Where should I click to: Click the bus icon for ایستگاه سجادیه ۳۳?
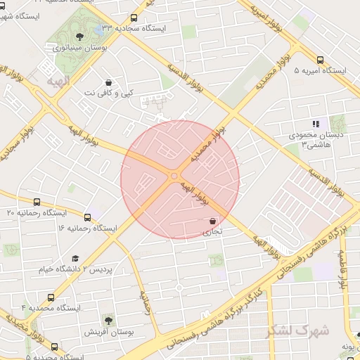134,18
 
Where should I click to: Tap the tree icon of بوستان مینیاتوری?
79,36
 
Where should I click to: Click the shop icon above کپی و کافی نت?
108,82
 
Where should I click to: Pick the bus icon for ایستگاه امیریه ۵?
321,60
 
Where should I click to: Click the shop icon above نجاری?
212,221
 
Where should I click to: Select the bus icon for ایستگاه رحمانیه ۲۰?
37,202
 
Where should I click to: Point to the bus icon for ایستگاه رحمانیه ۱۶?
88,217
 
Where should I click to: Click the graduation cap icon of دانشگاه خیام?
75,258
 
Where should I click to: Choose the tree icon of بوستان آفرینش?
108,320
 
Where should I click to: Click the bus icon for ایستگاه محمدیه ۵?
55,346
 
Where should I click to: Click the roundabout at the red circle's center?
174,176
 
